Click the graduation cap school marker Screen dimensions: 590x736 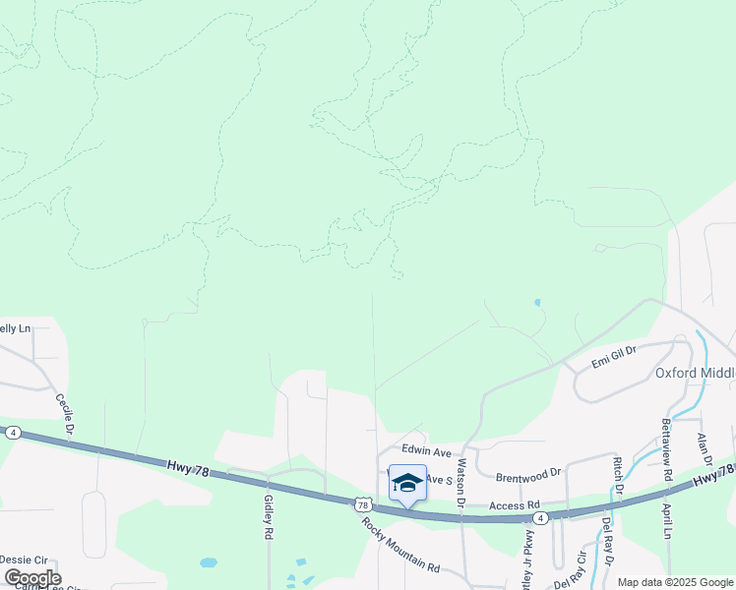pyautogui.click(x=407, y=483)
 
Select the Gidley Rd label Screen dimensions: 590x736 pyautogui.click(x=268, y=517)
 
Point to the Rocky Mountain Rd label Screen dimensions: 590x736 pyautogui.click(x=399, y=544)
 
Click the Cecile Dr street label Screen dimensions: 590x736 pyautogui.click(x=67, y=415)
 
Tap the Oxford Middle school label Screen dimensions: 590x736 pyautogui.click(x=695, y=373)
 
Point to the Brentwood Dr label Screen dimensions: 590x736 pyautogui.click(x=528, y=472)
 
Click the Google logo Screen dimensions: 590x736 pyautogui.click(x=32, y=577)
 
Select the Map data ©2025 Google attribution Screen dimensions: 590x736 pyautogui.click(x=674, y=582)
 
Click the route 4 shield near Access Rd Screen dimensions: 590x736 pyautogui.click(x=540, y=516)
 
